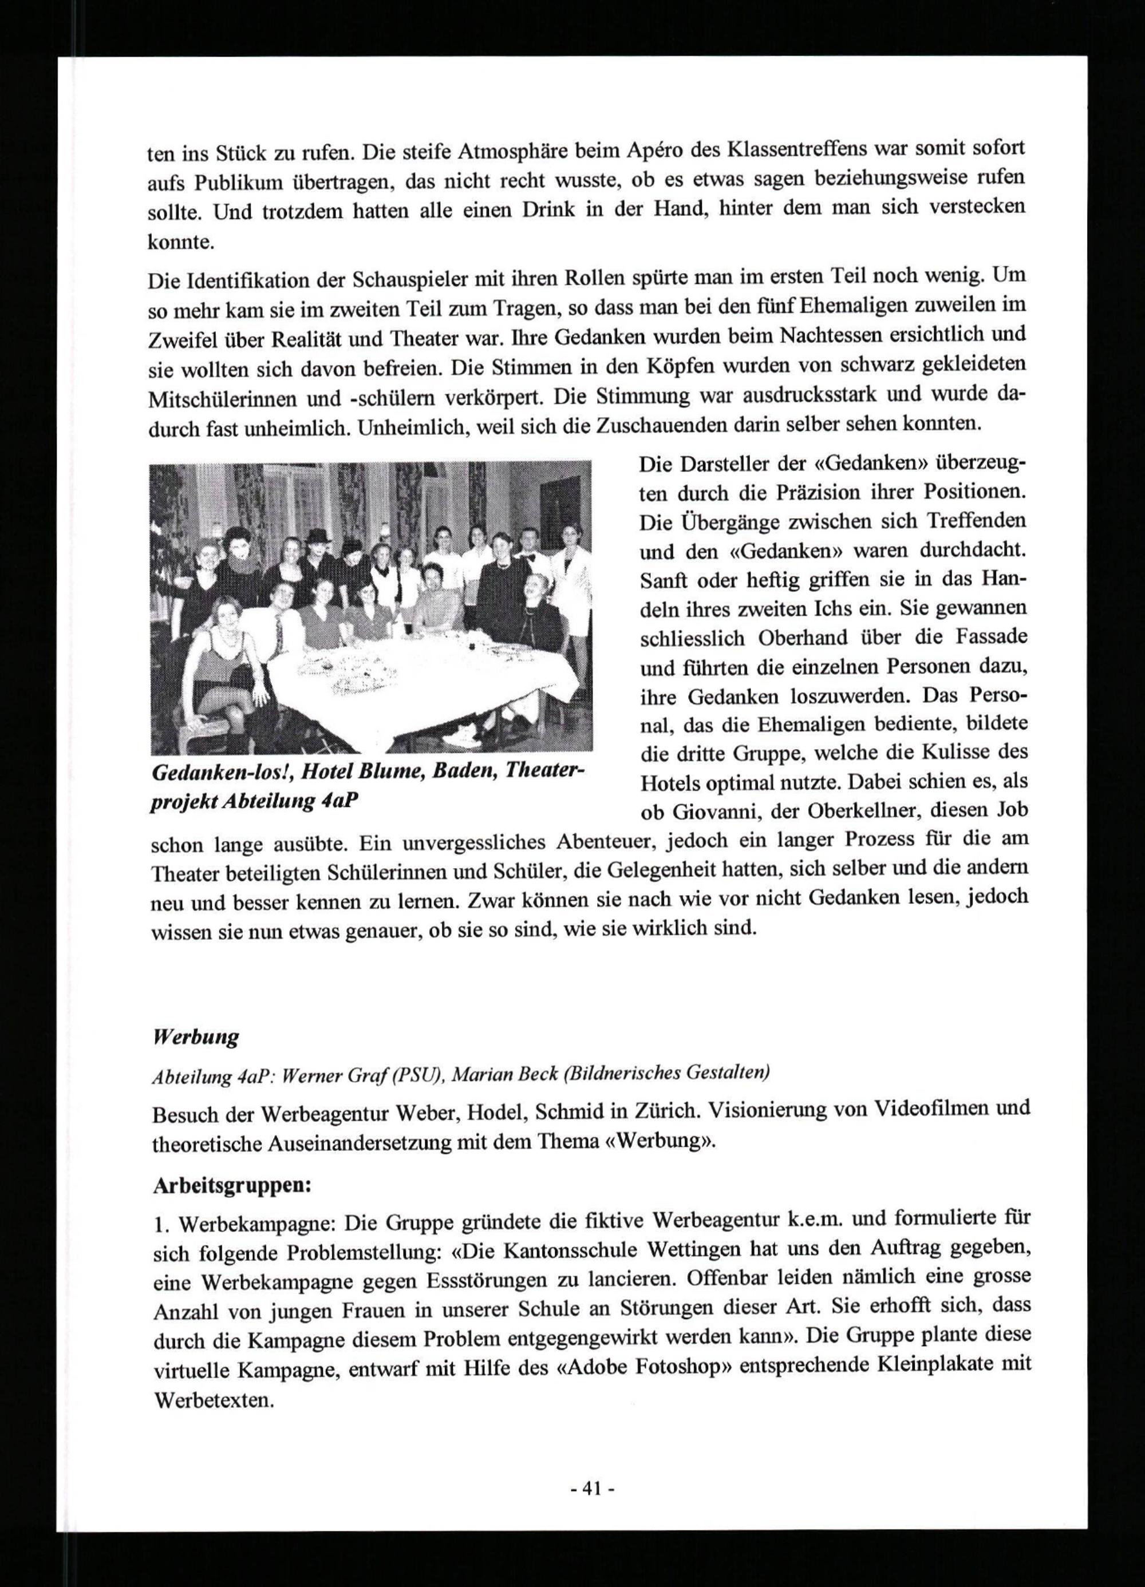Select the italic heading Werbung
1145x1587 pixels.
195,1036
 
